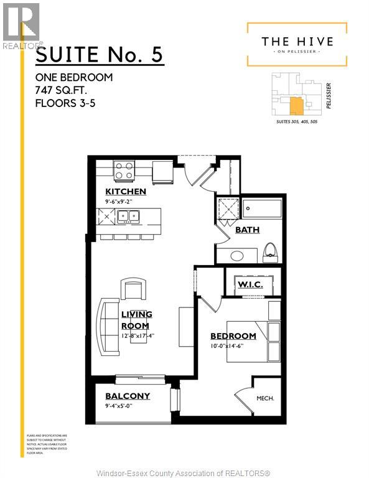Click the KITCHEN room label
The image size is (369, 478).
[x=126, y=191]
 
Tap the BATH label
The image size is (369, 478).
[x=247, y=230]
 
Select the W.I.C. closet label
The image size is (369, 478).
[x=250, y=284]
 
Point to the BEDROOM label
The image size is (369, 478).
[x=233, y=336]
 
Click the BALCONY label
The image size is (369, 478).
[x=128, y=396]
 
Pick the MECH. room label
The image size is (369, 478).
[x=266, y=399]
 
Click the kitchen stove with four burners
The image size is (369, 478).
[x=124, y=170]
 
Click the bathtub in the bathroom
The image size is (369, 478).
[x=261, y=209]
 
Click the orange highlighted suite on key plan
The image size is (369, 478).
[x=297, y=105]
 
